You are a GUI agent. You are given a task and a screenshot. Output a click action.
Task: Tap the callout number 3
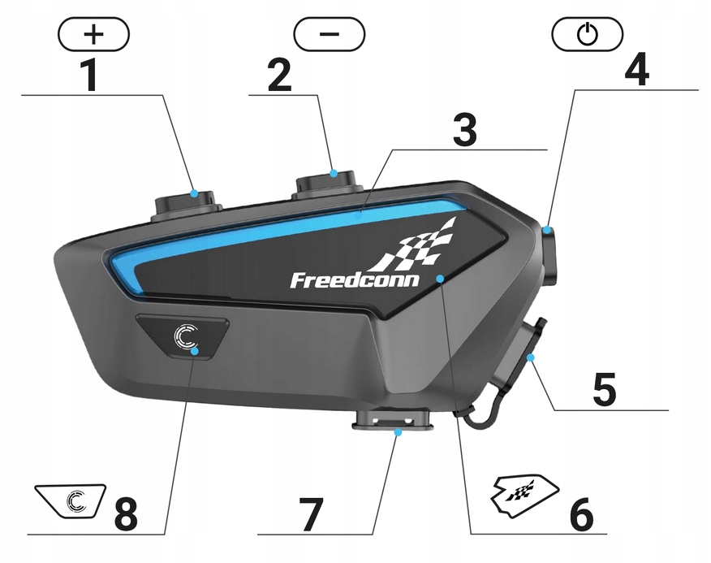(464, 130)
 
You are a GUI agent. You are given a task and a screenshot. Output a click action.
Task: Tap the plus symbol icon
(94, 33)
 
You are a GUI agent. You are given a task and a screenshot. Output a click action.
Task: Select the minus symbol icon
(330, 34)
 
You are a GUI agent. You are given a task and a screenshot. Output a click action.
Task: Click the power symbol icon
(587, 34)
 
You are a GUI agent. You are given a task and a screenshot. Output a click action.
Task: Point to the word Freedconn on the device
(355, 280)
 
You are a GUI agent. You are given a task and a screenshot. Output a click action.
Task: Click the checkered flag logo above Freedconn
(422, 244)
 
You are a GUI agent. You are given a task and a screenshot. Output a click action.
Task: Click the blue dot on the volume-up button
(194, 193)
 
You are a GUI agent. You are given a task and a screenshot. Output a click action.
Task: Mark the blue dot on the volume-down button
(334, 172)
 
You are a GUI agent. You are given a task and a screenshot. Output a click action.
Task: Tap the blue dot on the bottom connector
(398, 433)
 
